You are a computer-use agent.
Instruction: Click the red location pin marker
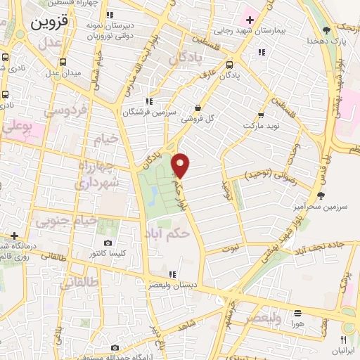click(x=181, y=165)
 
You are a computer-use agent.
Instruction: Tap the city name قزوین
click(x=50, y=22)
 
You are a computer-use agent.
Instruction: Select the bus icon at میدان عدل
click(x=63, y=61)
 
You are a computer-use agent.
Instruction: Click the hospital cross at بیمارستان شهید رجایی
click(x=250, y=18)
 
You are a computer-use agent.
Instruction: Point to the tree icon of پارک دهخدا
click(x=327, y=30)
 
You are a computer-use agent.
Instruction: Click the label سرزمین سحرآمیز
click(x=321, y=207)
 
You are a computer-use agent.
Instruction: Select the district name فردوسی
click(x=65, y=110)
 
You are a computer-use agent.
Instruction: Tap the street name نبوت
click(x=231, y=247)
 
